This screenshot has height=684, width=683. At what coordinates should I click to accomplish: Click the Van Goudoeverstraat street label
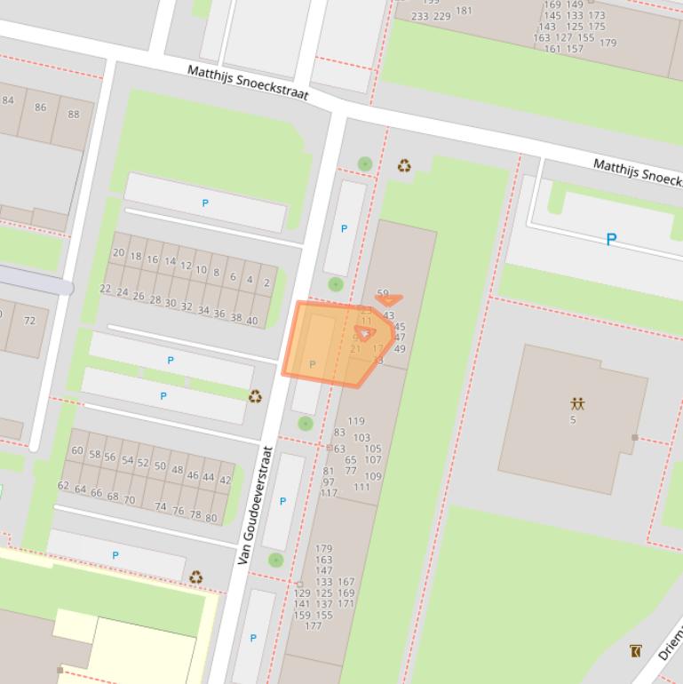pyautogui.click(x=252, y=505)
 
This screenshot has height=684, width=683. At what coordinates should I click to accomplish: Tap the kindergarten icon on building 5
pyautogui.click(x=577, y=403)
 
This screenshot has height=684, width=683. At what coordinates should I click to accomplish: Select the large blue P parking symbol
pyautogui.click(x=611, y=239)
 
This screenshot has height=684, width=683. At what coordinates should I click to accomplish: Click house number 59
pyautogui.click(x=383, y=293)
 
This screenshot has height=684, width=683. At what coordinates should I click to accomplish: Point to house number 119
pyautogui.click(x=355, y=421)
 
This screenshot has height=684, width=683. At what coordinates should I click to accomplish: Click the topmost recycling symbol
pyautogui.click(x=404, y=165)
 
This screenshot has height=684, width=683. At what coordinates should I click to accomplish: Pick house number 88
pyautogui.click(x=73, y=114)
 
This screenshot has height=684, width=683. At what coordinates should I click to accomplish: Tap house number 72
pyautogui.click(x=29, y=320)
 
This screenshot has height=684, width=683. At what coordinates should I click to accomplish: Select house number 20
pyautogui.click(x=118, y=252)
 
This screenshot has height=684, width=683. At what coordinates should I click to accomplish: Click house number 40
pyautogui.click(x=251, y=321)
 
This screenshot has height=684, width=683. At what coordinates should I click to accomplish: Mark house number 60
pyautogui.click(x=77, y=451)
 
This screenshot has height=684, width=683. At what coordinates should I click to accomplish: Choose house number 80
pyautogui.click(x=210, y=517)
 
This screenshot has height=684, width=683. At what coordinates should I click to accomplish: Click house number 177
pyautogui.click(x=313, y=626)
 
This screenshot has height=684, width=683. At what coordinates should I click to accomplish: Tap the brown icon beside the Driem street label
pyautogui.click(x=635, y=651)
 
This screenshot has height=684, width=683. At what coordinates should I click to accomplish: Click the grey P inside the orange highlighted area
pyautogui.click(x=312, y=364)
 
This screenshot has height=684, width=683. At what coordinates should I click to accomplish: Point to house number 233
pyautogui.click(x=419, y=16)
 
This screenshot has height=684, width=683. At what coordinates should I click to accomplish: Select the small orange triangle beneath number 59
pyautogui.click(x=389, y=300)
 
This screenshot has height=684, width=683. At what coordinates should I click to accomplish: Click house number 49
pyautogui.click(x=399, y=349)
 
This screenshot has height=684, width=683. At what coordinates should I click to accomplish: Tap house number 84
pyautogui.click(x=8, y=99)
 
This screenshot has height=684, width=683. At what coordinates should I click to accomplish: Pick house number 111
pyautogui.click(x=361, y=487)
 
